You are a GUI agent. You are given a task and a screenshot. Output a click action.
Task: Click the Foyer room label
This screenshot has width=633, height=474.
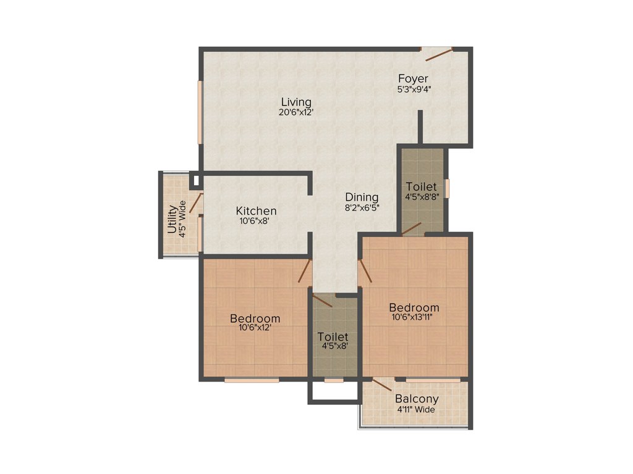pyautogui.click(x=413, y=78)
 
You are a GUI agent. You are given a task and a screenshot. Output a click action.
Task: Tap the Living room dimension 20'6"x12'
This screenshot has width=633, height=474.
pyautogui.click(x=296, y=112)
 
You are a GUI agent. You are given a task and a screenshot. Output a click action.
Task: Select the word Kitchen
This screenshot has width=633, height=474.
pyautogui.click(x=255, y=211)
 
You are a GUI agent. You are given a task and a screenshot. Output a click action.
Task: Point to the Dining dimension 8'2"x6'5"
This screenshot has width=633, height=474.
pyautogui.click(x=362, y=208)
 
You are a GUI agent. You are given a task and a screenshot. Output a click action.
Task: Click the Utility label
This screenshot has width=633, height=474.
pyautogui.click(x=172, y=220)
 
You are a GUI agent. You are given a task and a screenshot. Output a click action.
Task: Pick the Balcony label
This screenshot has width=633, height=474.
pyautogui.click(x=417, y=399)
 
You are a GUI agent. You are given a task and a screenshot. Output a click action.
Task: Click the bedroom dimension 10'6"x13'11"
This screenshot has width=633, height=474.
pyautogui.click(x=414, y=318)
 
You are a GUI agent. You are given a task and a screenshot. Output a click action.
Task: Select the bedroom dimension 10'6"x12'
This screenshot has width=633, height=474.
pyautogui.click(x=255, y=328)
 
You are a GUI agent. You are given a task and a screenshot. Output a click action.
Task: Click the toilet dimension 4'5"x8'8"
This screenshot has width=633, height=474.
pyautogui.click(x=421, y=197)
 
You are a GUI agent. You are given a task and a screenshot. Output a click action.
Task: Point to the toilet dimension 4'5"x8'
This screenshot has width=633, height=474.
pyautogui.click(x=333, y=347)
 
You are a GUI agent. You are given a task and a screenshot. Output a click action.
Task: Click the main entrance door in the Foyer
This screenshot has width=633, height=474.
pyautogui.click(x=437, y=54)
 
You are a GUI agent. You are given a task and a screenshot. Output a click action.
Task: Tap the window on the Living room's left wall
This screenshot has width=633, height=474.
pyautogui.click(x=200, y=112)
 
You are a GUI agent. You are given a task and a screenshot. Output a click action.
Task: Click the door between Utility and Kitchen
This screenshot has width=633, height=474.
pyautogui.click(x=197, y=204)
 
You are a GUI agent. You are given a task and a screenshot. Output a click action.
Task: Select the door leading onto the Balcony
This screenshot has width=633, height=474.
pyautogui.click(x=381, y=385)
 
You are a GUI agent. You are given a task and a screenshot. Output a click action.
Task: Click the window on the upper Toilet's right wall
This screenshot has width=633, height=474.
pyautogui.click(x=447, y=188)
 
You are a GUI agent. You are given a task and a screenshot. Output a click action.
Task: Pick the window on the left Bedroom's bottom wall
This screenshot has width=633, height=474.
pyautogui.click(x=252, y=380)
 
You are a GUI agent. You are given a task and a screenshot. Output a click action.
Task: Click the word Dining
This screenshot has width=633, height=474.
pyautogui.click(x=362, y=198)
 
